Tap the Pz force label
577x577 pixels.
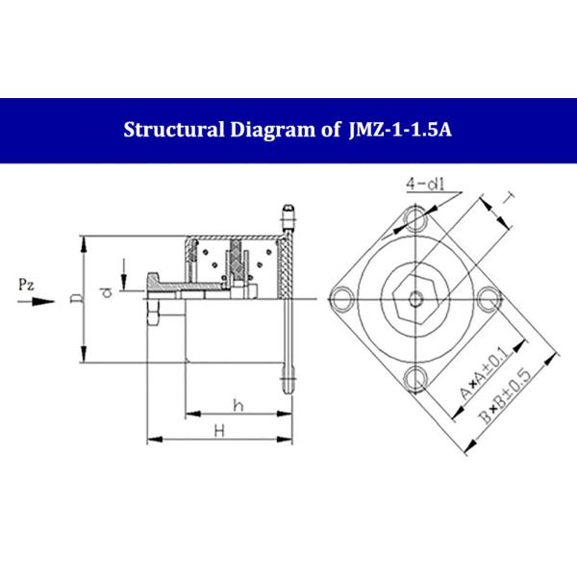pyautogui.click(x=28, y=284)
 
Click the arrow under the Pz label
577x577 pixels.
pyautogui.click(x=33, y=301)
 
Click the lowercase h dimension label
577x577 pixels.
pyautogui.click(x=238, y=406)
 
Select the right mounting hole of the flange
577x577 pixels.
pyautogui.click(x=489, y=297)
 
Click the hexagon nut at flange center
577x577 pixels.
pyautogui.click(x=413, y=297)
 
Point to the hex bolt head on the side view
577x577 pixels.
pyautogui.click(x=153, y=314)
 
